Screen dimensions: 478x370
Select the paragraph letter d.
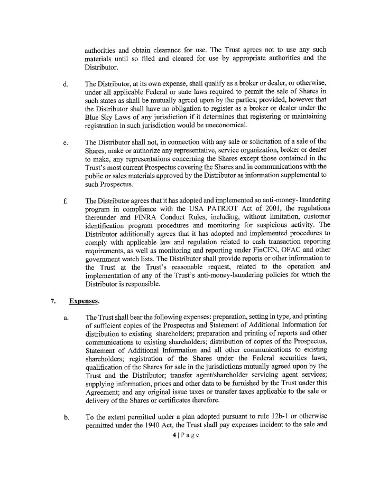64,83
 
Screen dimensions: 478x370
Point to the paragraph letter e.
64,142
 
